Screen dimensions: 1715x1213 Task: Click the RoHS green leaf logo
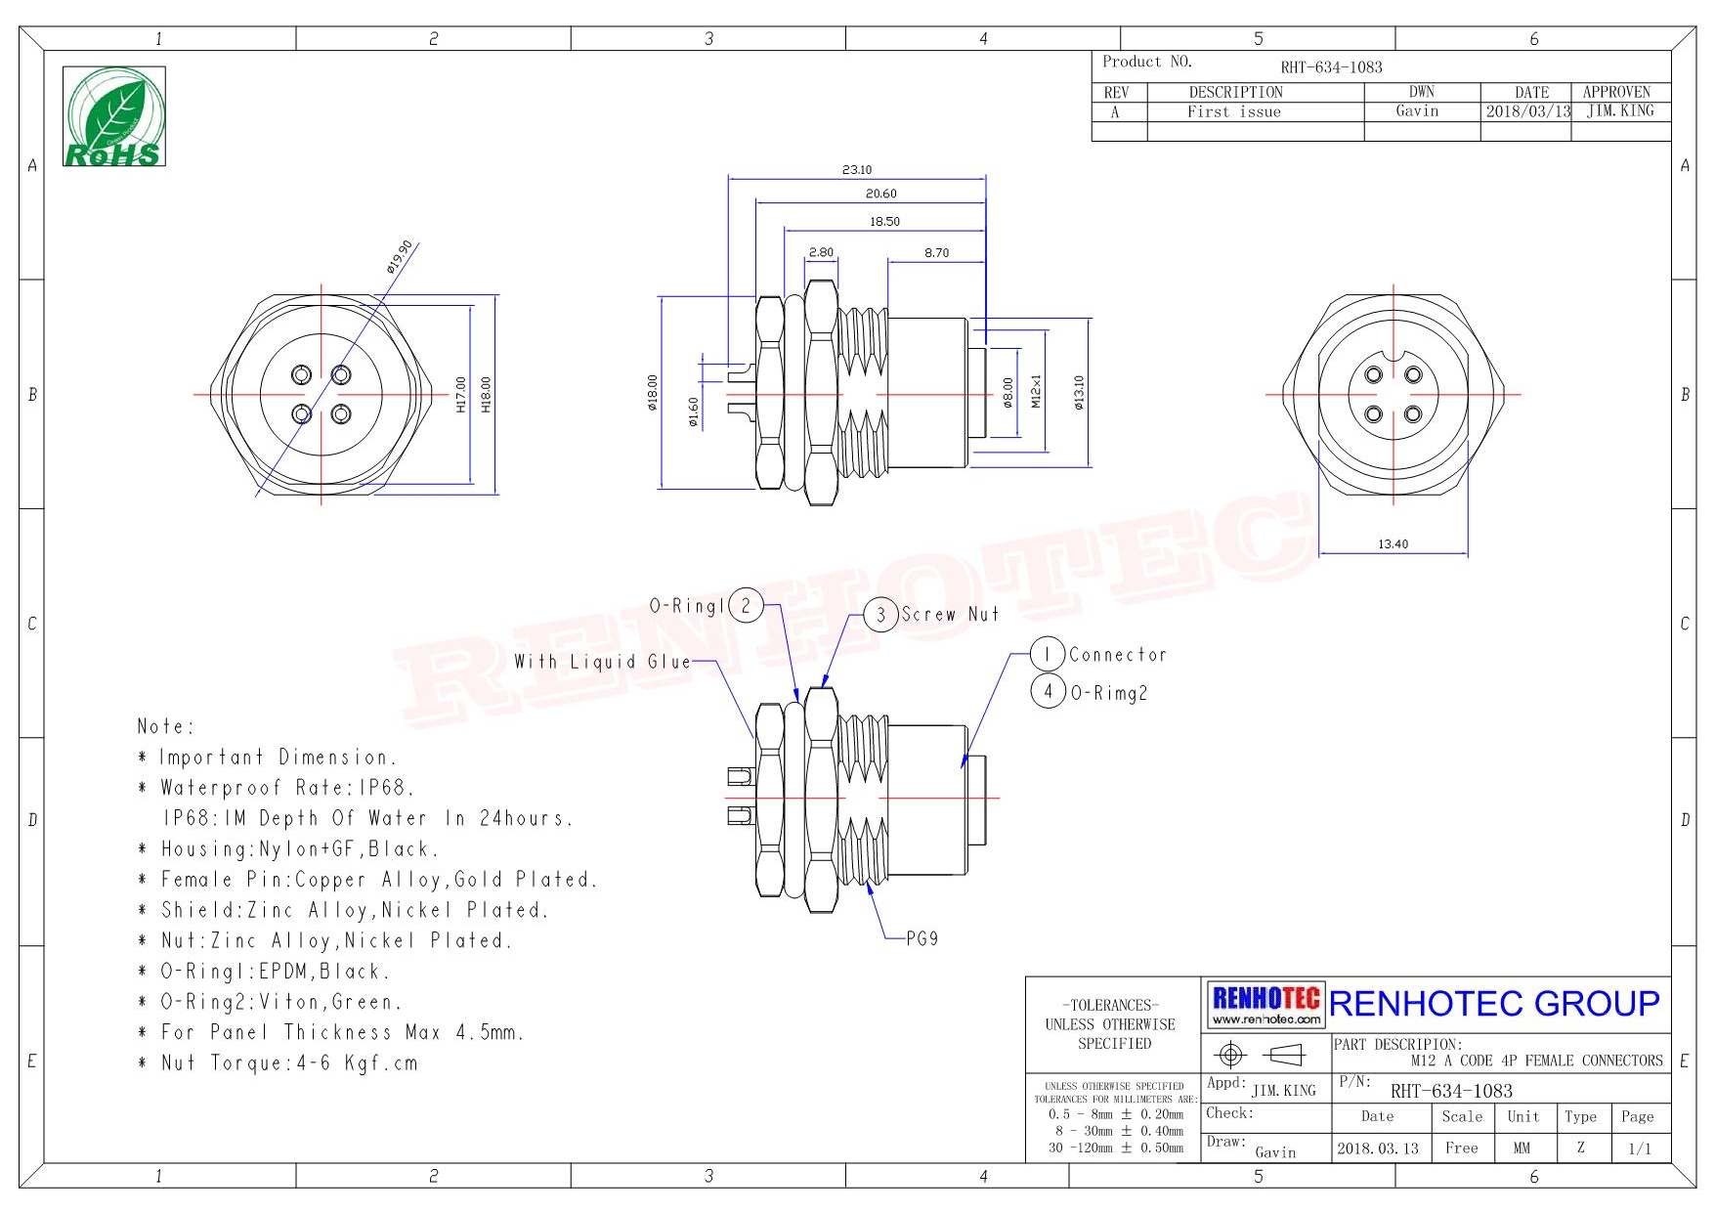coord(114,116)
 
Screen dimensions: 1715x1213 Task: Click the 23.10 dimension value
coord(857,170)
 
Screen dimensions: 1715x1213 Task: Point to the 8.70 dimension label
coord(936,253)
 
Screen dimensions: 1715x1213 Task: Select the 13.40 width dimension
coord(1393,544)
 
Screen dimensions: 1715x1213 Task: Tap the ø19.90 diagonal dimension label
coord(399,256)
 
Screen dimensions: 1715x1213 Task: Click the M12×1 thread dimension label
coord(1037,391)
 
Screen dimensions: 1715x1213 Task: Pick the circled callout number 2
coord(746,606)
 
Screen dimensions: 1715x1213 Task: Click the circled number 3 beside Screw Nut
coord(880,615)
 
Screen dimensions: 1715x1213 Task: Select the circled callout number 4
coord(1048,692)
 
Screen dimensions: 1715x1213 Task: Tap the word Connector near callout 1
coord(1118,655)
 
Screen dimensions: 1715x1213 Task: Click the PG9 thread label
coord(922,938)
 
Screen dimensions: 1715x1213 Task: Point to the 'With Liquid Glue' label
coord(603,662)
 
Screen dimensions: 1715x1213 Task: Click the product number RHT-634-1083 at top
coord(1332,67)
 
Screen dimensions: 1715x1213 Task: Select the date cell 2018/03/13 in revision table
coord(1528,111)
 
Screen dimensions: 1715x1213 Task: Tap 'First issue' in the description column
coord(1234,111)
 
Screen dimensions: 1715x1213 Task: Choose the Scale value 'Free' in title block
coord(1462,1148)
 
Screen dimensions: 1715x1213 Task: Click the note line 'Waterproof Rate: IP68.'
coord(287,788)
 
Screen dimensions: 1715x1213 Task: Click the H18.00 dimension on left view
coord(487,395)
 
